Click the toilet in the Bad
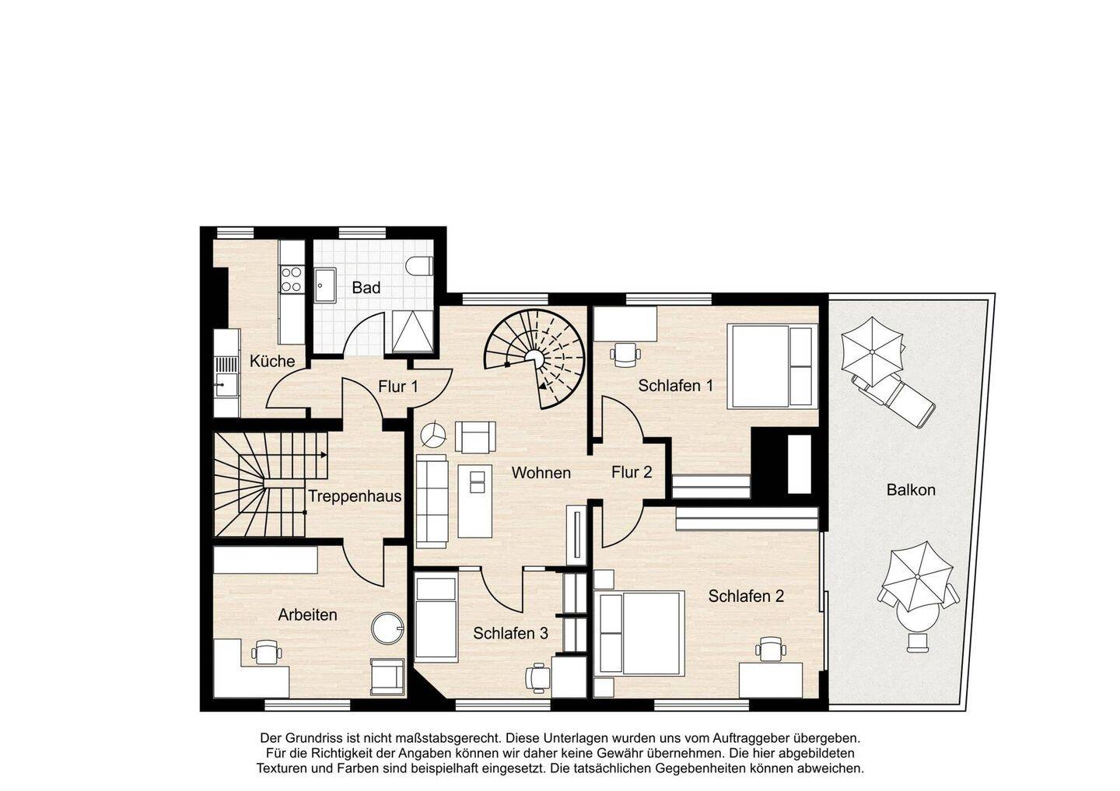click(x=419, y=265)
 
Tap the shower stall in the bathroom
click(x=412, y=331)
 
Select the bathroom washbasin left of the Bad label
click(x=325, y=285)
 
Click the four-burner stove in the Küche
click(x=291, y=279)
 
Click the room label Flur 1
click(x=398, y=387)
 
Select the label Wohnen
click(x=541, y=473)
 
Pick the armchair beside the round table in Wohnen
click(x=475, y=437)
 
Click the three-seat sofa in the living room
click(x=432, y=502)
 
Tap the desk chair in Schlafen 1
click(x=625, y=353)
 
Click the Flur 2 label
click(x=632, y=472)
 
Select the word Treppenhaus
click(x=355, y=496)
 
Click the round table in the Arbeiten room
click(x=387, y=628)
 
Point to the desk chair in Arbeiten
click(x=266, y=652)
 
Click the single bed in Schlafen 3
click(x=436, y=618)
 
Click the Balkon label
click(x=911, y=489)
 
